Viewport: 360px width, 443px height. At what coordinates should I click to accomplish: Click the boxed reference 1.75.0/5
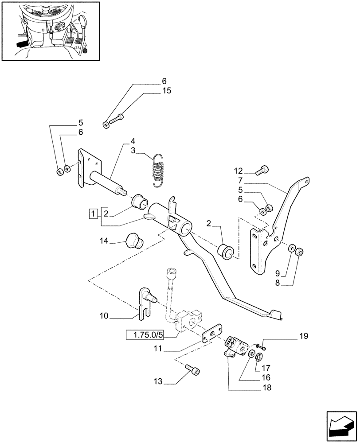point(145,335)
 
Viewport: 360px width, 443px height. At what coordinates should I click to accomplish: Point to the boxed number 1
point(93,214)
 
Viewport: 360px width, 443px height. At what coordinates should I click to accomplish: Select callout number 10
point(104,316)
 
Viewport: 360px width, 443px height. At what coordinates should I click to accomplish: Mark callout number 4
point(133,142)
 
